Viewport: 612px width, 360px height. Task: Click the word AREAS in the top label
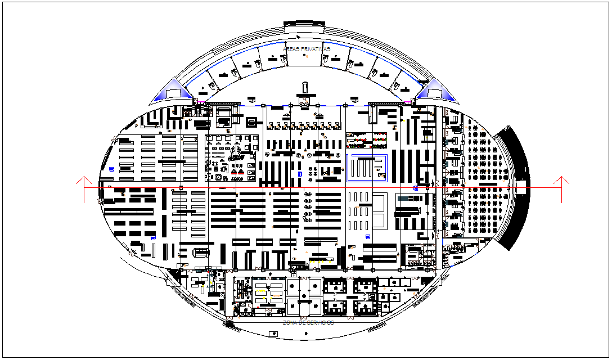click(291, 49)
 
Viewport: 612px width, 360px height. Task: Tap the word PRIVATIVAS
click(316, 49)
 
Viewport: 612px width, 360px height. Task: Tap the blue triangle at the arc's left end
click(175, 92)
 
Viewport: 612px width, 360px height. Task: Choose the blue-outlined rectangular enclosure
click(367, 168)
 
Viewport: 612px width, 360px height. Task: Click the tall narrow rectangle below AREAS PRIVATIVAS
click(305, 87)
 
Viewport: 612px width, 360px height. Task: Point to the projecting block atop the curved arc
click(305, 27)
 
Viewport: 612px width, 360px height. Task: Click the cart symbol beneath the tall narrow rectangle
click(304, 101)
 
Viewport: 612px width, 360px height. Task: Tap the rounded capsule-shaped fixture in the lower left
click(201, 251)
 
